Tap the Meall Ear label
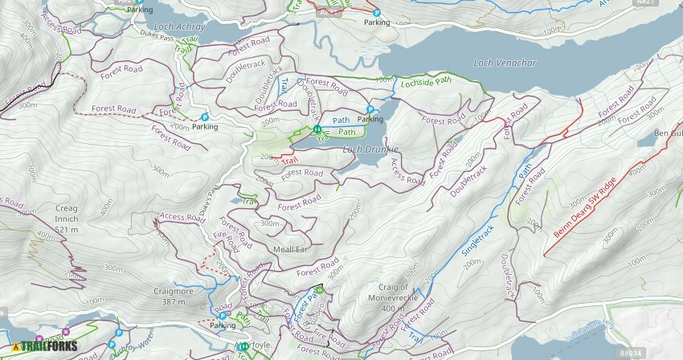291,249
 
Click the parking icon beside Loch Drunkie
370,108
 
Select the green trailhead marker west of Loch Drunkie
317,129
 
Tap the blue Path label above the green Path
341,121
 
